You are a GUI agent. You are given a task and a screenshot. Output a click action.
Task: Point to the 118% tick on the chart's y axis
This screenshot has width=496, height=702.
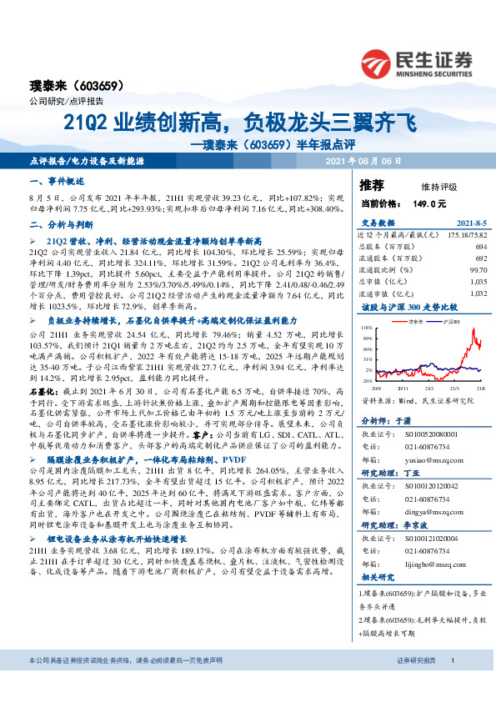click(367, 328)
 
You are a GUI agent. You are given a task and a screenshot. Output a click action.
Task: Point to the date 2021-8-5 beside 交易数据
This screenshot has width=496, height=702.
click(470, 223)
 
